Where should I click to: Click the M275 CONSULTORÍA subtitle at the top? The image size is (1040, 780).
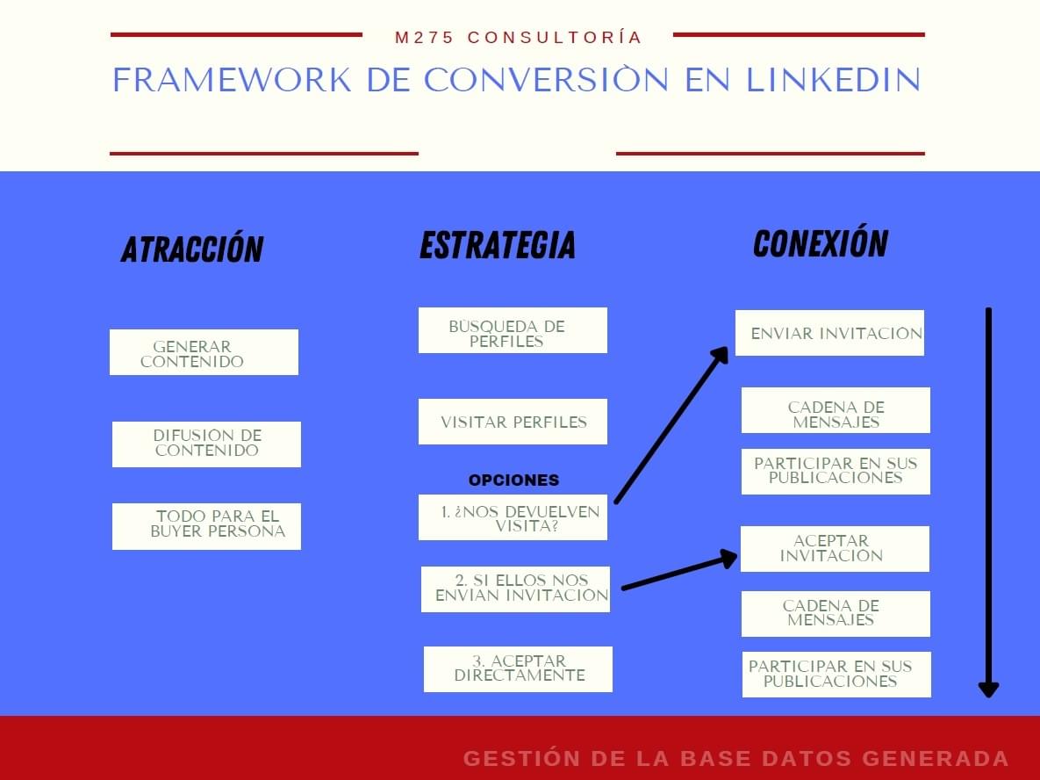(518, 37)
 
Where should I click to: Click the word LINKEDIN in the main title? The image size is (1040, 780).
(834, 80)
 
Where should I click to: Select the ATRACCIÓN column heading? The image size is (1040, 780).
(192, 249)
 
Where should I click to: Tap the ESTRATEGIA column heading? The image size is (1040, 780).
(498, 245)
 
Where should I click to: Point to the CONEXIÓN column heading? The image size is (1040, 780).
(821, 243)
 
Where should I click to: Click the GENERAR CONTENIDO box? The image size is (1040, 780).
(204, 352)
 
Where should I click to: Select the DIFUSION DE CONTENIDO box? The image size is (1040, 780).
(206, 444)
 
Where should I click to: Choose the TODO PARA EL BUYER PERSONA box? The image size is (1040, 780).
(206, 526)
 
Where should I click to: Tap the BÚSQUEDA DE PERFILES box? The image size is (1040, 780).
(513, 330)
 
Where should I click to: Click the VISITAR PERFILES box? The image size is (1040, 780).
(513, 422)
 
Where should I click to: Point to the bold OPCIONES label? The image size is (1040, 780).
(514, 480)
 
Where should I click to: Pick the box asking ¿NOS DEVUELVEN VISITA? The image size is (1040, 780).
(513, 517)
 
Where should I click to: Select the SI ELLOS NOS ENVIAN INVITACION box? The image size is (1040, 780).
(515, 589)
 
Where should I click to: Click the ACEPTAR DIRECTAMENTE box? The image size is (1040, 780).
(518, 669)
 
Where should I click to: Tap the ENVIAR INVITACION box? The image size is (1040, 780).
(829, 333)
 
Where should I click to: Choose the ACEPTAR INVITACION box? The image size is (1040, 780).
(835, 549)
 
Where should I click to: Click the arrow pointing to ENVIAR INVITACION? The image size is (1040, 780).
(671, 425)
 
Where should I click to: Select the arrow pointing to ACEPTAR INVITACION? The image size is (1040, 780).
(680, 569)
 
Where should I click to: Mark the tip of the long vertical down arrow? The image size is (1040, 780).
(988, 697)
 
